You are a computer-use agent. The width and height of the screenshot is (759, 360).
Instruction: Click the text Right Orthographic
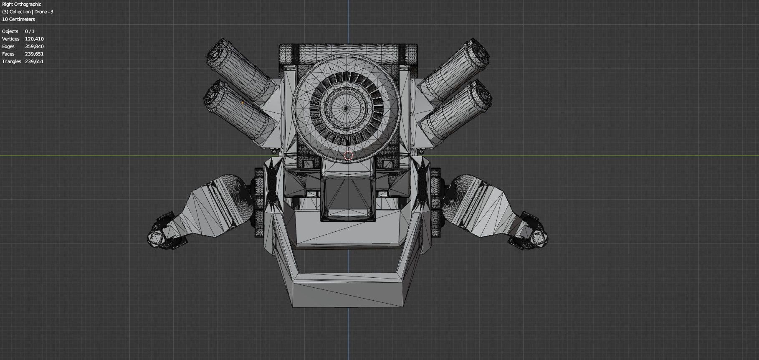(22, 4)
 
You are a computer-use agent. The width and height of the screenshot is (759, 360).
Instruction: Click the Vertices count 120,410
(34, 39)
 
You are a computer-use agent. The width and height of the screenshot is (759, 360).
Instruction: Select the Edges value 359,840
(34, 46)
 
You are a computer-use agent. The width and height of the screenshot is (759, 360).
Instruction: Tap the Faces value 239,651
(34, 54)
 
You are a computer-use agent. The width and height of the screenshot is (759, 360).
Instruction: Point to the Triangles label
(11, 61)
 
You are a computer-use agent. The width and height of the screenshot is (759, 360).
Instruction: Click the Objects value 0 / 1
(30, 31)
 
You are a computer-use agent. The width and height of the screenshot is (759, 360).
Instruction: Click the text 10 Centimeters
(18, 19)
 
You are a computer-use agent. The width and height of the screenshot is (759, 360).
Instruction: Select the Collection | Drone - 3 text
(28, 12)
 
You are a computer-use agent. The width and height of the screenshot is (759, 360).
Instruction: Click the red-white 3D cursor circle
(348, 156)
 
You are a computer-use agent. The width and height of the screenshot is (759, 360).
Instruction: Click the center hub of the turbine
(346, 108)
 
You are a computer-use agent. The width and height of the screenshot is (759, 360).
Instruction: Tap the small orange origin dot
(243, 102)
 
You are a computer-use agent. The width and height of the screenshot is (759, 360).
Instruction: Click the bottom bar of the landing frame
(349, 292)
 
